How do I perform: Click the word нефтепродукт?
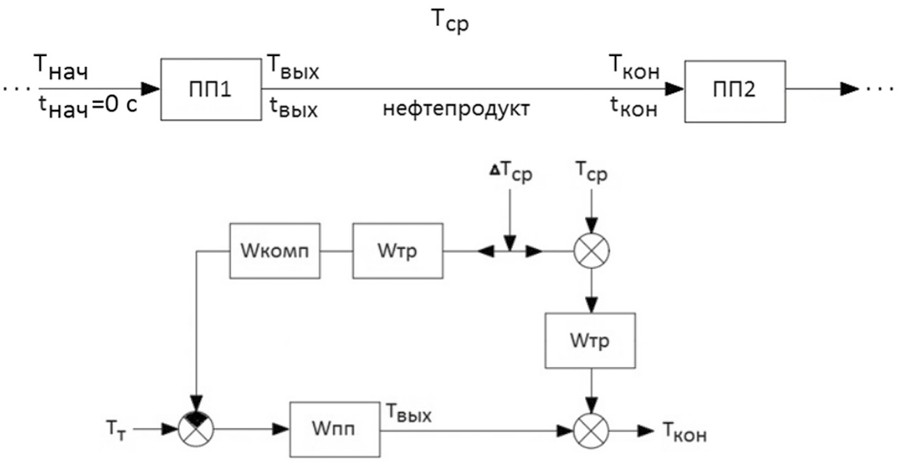click(457, 109)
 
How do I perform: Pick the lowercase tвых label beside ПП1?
click(291, 109)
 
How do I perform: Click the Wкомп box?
click(275, 250)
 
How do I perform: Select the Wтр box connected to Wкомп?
click(398, 250)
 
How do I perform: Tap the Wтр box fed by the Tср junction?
click(590, 340)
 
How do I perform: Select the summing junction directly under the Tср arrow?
click(592, 250)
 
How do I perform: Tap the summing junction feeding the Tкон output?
click(592, 430)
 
